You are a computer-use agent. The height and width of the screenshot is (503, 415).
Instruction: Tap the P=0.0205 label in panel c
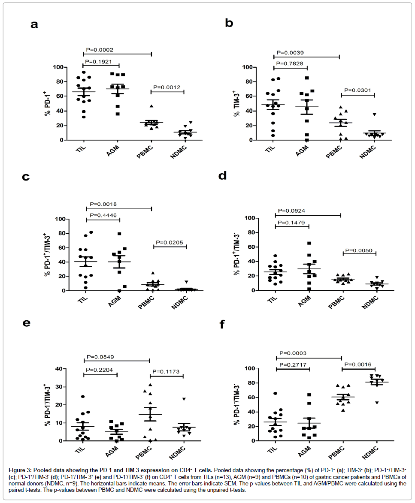coord(170,242)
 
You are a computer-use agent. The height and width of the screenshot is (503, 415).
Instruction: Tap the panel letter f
coord(222,325)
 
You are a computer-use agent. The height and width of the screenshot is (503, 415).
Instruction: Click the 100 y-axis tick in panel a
coord(59,67)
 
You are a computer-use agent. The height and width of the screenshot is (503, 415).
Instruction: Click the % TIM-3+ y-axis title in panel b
coord(237,103)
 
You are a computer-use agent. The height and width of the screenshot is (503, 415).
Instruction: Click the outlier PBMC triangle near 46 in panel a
coord(151,106)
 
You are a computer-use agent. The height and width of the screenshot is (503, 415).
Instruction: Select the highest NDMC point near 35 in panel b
coord(375,114)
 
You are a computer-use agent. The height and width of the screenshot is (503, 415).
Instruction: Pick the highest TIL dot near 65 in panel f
coord(276,393)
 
